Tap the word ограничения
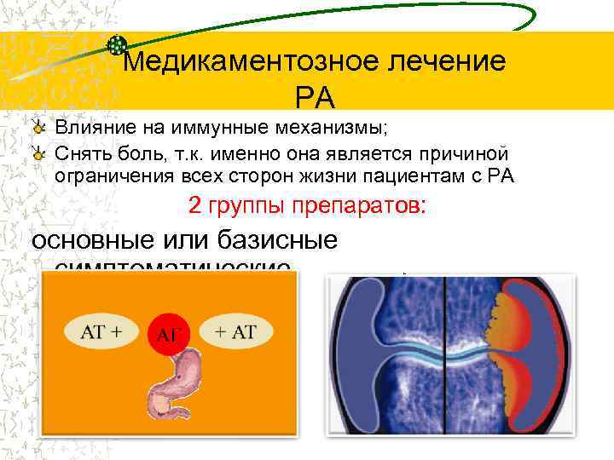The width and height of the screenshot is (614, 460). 111,176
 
